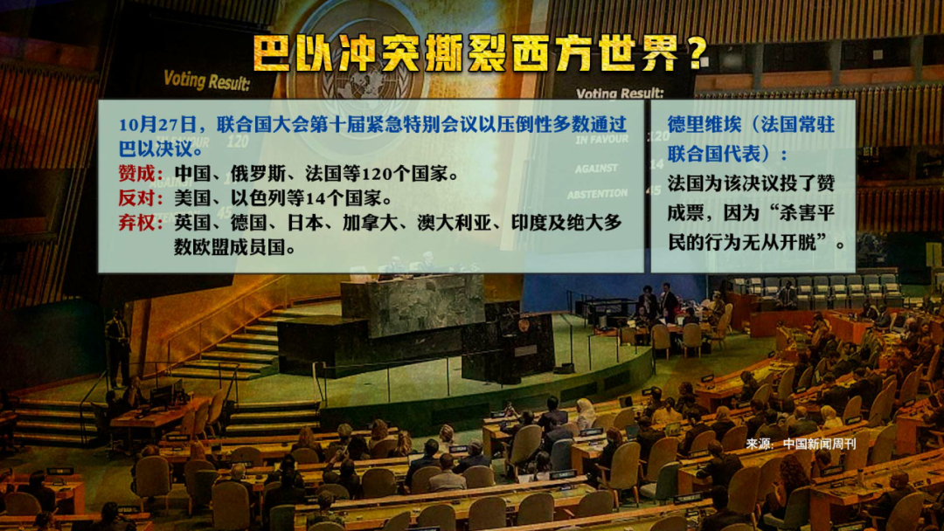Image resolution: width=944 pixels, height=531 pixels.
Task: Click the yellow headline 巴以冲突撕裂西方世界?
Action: click(480, 53)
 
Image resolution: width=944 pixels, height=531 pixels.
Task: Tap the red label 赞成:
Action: click(141, 174)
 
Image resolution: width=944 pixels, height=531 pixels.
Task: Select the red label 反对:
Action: click(141, 198)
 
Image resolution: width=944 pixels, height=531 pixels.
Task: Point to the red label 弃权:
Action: click(141, 223)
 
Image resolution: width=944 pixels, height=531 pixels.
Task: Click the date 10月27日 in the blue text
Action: click(157, 125)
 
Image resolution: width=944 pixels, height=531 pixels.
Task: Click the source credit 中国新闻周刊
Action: click(819, 445)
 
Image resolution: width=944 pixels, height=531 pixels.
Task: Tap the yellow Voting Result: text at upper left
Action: click(206, 80)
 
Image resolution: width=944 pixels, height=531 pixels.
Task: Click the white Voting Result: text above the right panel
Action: click(620, 93)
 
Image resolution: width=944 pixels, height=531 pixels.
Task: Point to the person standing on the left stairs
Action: click(117, 348)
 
